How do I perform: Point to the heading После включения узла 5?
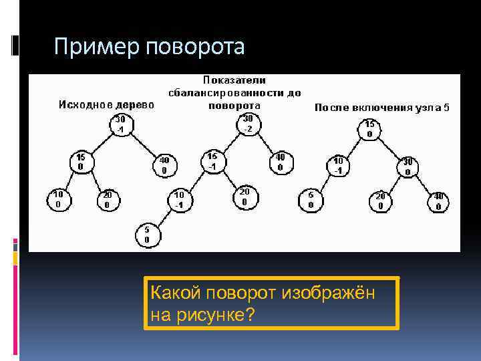pos(381,107)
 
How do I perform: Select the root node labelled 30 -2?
pos(247,124)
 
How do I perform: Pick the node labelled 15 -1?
pos(212,160)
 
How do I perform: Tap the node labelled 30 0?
pos(408,166)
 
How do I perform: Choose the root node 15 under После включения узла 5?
pos(369,128)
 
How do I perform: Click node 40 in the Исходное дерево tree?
pos(164,164)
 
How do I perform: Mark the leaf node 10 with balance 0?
pos(58,199)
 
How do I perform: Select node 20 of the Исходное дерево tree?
pos(108,199)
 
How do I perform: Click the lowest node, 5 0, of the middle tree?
pos(147,234)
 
